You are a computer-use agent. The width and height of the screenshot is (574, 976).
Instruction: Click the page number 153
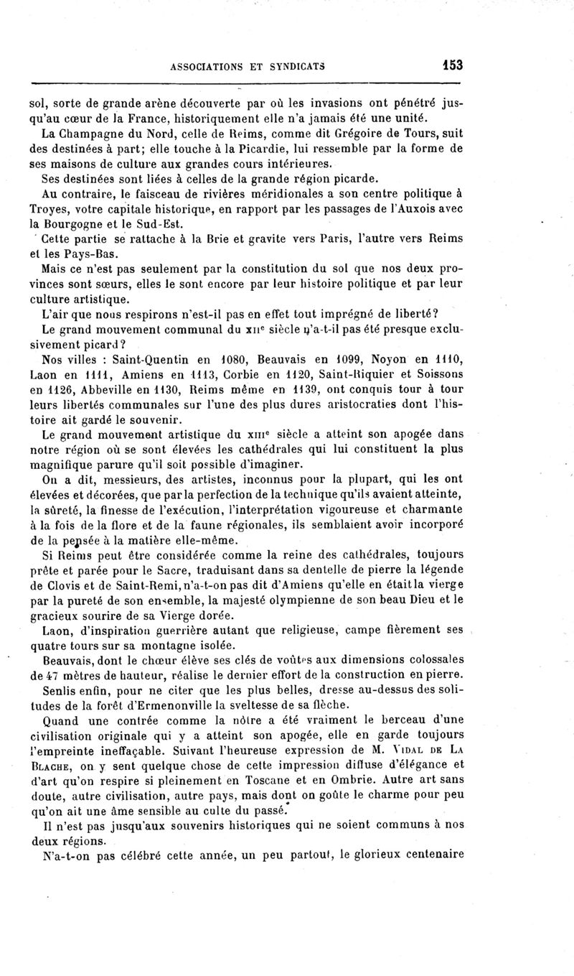tap(452, 65)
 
